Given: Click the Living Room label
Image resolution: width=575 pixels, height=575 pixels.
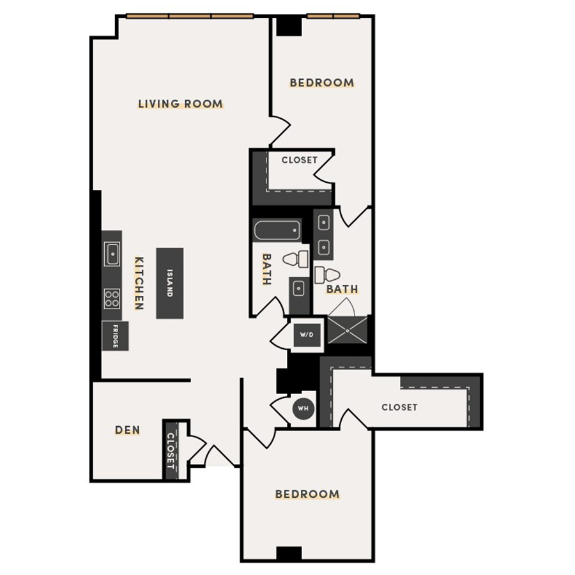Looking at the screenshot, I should click(181, 103).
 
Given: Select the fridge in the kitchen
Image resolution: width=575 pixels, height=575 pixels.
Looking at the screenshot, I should click(115, 336).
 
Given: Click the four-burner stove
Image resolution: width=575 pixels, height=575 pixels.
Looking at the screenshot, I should click(112, 298).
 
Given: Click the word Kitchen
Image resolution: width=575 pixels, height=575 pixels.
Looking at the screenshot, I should click(139, 283).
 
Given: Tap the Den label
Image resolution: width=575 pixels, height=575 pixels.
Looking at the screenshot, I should click(128, 430).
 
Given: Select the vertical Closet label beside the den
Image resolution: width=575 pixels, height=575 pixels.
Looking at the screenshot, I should click(171, 450).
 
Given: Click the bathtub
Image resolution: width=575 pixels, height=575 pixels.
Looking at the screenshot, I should click(277, 231).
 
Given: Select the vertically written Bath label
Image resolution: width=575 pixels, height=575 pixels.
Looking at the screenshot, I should click(266, 269).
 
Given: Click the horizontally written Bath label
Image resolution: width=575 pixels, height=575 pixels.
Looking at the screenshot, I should click(342, 289).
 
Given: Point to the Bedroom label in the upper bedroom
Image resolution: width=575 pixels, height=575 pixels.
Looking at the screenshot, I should click(321, 82).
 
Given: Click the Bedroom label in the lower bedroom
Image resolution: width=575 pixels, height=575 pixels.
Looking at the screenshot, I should click(307, 494).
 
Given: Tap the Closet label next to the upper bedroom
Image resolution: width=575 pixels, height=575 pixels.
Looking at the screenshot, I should click(299, 160).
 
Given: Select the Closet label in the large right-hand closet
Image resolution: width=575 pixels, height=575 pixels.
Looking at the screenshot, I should click(399, 407).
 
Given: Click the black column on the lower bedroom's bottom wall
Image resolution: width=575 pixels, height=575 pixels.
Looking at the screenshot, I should click(289, 554).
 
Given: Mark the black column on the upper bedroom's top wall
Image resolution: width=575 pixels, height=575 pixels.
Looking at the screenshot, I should click(289, 26).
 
